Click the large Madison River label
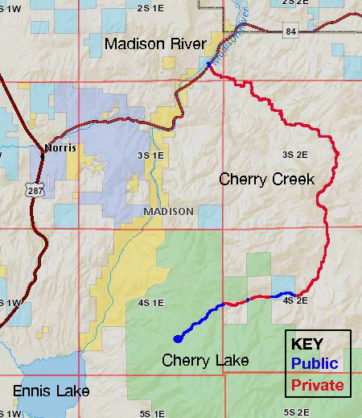155,43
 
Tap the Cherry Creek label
266,179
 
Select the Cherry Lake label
205,360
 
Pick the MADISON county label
168,211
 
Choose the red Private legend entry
317,386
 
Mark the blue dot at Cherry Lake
178,339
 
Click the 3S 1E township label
151,155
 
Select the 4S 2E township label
296,301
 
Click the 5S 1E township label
151,413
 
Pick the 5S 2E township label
296,413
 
